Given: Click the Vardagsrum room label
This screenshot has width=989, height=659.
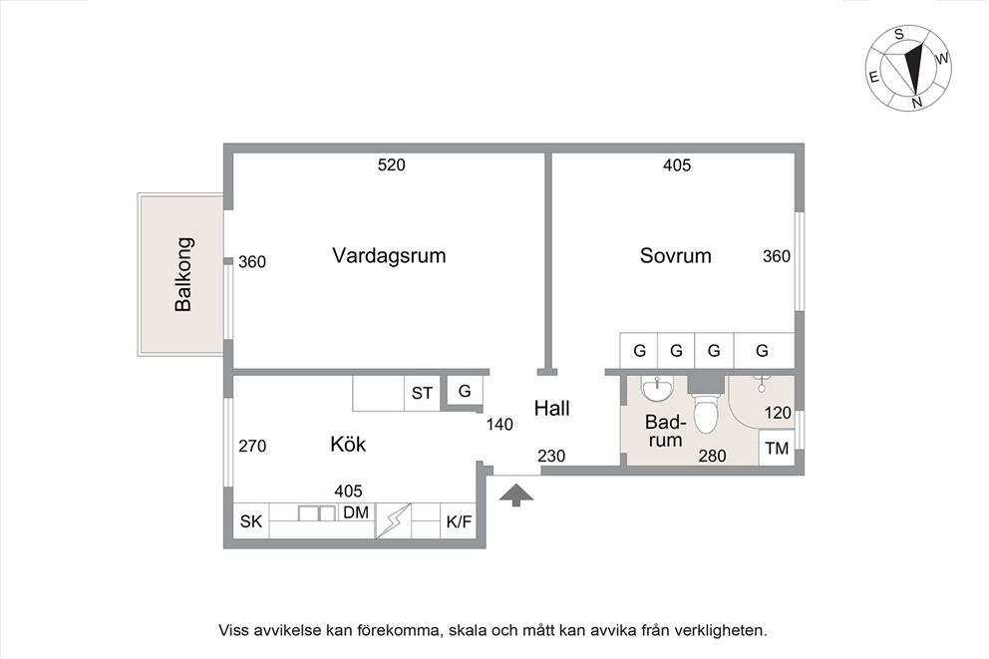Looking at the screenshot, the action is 389,255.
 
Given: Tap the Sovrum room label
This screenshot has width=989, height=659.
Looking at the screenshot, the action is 675,255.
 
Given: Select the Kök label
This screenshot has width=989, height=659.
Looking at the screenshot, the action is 348,444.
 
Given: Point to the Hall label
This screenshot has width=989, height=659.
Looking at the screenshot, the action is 552,408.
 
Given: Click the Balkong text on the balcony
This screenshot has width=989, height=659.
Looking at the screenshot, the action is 182,274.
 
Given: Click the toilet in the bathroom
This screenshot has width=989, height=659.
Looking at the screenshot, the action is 705,408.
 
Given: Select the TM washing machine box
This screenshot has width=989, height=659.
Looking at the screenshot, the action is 777,448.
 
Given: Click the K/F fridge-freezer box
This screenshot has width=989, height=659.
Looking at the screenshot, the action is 458,520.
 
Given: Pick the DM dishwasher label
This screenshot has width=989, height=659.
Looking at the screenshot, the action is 356,512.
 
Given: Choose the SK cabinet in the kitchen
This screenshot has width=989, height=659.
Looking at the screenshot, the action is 251,520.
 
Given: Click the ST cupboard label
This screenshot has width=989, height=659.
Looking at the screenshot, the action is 422,393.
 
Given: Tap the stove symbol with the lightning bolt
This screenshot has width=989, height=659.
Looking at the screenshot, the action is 393,520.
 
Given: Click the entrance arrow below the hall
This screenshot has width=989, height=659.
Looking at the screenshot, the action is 516,495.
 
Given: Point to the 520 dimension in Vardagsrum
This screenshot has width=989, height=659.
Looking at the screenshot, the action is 391,165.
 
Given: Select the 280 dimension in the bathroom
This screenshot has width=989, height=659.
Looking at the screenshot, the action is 712,456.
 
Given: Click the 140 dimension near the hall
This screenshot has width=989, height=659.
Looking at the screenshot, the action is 499,425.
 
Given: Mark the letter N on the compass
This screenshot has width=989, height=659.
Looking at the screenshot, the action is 917,102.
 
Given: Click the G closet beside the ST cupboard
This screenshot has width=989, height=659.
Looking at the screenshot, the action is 465,391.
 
